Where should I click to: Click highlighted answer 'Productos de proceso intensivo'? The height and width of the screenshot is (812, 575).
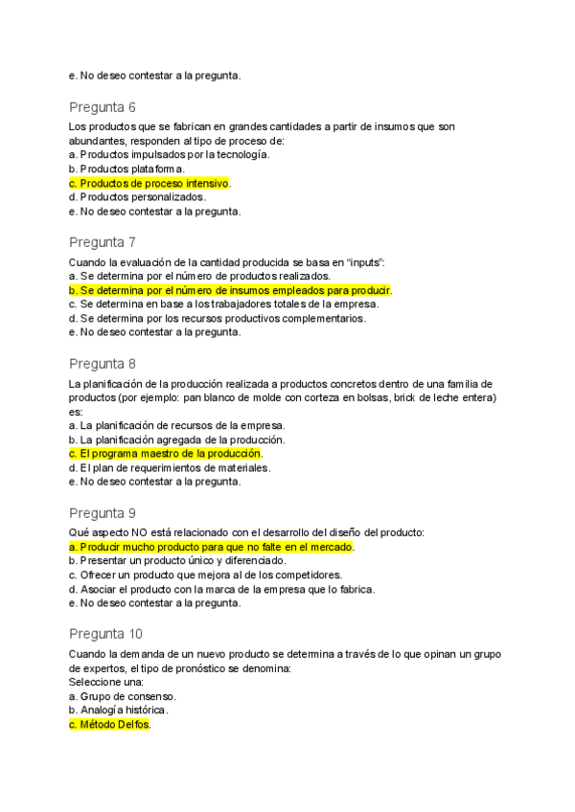click(x=150, y=183)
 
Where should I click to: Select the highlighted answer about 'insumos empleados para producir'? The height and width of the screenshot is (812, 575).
click(x=231, y=290)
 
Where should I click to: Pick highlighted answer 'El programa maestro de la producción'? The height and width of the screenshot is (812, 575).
click(x=165, y=453)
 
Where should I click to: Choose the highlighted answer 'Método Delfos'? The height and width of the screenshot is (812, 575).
click(x=110, y=725)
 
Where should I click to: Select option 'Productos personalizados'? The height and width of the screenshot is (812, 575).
click(x=137, y=197)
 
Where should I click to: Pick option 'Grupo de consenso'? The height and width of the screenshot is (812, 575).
click(x=122, y=696)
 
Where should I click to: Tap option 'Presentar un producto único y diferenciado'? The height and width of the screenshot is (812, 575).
click(x=177, y=560)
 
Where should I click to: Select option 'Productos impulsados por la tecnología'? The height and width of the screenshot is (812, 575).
click(x=169, y=154)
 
